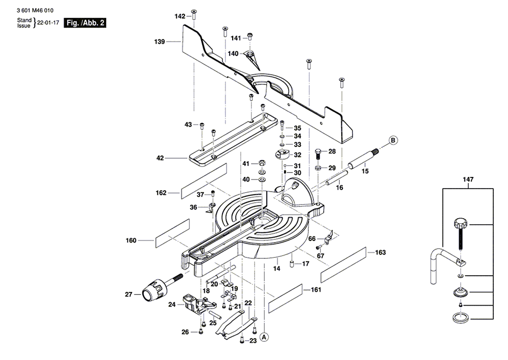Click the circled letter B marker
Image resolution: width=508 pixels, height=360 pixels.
(x=393, y=140)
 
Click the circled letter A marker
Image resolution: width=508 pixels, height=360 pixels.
(x=264, y=337)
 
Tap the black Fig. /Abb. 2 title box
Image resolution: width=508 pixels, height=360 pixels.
(x=85, y=23)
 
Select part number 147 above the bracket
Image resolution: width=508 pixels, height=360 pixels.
(x=468, y=179)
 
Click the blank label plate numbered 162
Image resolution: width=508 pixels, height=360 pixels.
(x=204, y=182)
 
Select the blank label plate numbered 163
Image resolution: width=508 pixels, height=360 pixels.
(x=343, y=265)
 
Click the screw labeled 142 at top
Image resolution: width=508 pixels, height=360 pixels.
(x=194, y=14)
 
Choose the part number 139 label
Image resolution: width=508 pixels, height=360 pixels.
(x=160, y=42)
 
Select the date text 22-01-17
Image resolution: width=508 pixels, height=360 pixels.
(x=48, y=23)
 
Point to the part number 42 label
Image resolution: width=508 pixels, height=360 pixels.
(x=160, y=158)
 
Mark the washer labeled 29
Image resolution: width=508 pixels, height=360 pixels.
(x=319, y=168)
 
